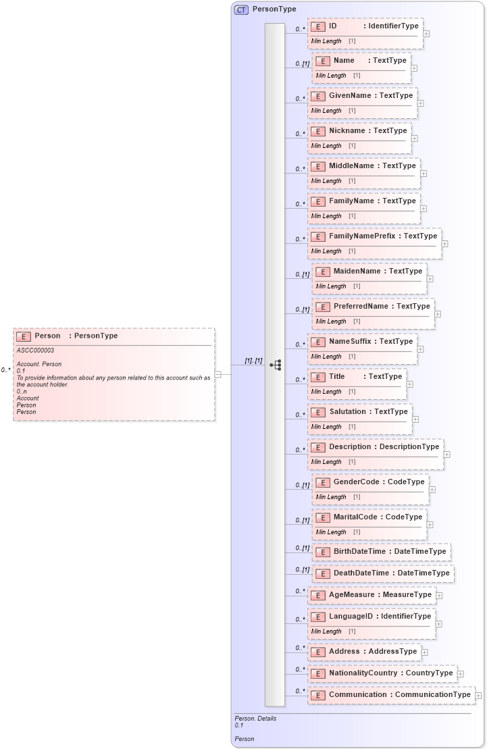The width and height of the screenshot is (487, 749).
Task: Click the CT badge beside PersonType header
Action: click(x=241, y=9)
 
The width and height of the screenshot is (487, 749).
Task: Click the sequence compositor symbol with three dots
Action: click(x=276, y=365)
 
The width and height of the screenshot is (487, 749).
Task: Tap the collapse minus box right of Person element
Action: click(x=218, y=374)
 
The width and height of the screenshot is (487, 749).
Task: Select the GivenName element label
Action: click(x=350, y=96)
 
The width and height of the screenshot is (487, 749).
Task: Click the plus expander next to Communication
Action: click(x=478, y=695)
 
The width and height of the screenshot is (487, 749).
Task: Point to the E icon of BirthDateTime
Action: click(x=322, y=552)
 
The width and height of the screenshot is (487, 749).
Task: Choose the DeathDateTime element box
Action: click(x=383, y=573)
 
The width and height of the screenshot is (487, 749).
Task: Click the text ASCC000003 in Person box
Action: click(x=35, y=351)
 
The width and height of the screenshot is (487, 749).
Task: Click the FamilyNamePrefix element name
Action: click(x=362, y=236)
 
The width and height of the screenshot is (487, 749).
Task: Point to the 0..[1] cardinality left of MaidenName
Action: click(x=302, y=275)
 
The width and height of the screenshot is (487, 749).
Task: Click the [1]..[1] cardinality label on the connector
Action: click(x=253, y=361)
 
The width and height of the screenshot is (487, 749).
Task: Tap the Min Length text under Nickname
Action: click(x=326, y=146)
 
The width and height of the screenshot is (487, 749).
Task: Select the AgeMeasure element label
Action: click(x=351, y=595)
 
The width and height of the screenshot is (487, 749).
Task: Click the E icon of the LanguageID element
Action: click(x=317, y=617)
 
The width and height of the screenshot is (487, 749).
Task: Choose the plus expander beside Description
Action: click(x=447, y=455)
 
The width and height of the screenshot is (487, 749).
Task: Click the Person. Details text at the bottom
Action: click(x=255, y=719)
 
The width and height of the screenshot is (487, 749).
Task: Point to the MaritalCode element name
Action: click(x=355, y=517)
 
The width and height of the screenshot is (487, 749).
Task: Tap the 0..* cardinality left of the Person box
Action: click(x=5, y=370)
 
